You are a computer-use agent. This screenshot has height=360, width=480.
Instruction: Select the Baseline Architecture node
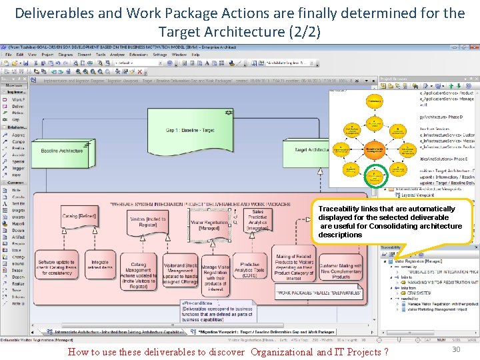pyautogui.click(x=62, y=151)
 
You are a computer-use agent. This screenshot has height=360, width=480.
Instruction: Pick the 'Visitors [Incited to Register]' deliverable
pyautogui.click(x=147, y=222)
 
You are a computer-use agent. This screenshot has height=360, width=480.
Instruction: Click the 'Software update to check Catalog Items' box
pyautogui.click(x=56, y=267)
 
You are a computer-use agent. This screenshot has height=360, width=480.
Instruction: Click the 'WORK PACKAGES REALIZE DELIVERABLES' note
pyautogui.click(x=319, y=293)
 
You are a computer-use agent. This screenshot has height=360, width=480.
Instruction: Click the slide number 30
pyautogui.click(x=456, y=350)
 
